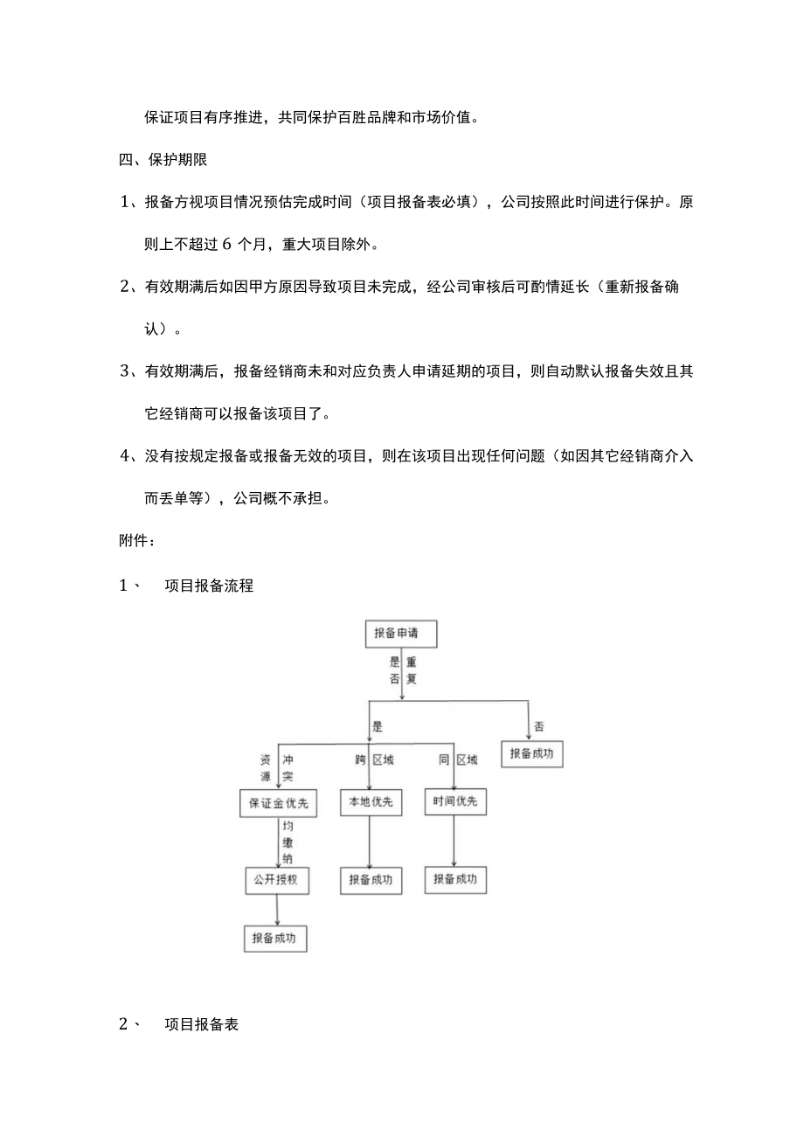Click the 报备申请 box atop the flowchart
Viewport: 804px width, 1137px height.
point(400,634)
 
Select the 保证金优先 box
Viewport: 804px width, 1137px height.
point(278,803)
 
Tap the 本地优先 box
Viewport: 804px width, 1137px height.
point(371,802)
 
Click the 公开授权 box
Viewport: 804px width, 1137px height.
point(276,880)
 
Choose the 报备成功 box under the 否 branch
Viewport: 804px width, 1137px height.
point(531,753)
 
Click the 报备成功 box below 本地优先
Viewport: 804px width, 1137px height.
point(371,880)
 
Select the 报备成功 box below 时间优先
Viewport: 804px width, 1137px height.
point(455,879)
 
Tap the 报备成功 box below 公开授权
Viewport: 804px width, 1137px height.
point(275,938)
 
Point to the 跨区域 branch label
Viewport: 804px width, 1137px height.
point(374,760)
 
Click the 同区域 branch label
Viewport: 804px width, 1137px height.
point(458,760)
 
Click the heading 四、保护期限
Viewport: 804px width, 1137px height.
point(162,159)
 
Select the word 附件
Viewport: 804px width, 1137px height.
point(135,541)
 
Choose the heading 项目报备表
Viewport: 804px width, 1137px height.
point(201,1025)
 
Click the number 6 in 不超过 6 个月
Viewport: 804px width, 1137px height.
point(227,244)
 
